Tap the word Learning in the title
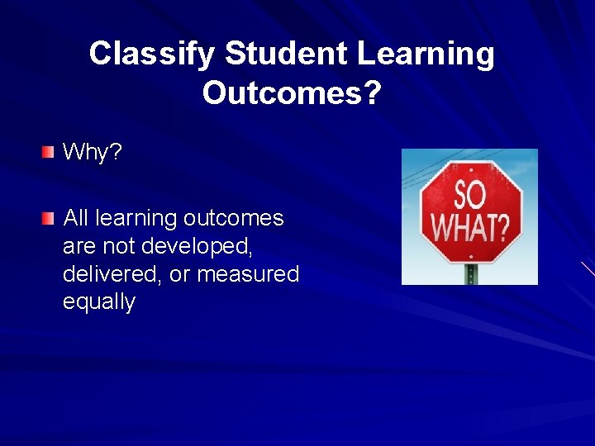pos(426,55)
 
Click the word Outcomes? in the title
pos(292,94)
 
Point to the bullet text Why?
pos(93,152)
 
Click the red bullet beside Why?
pos(49,152)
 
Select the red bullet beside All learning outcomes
pos(49,219)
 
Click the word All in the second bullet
pos(75,219)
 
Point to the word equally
pos(98,303)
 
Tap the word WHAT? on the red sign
pos(470,225)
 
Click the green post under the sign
pos(472,274)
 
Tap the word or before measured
pos(181,275)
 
